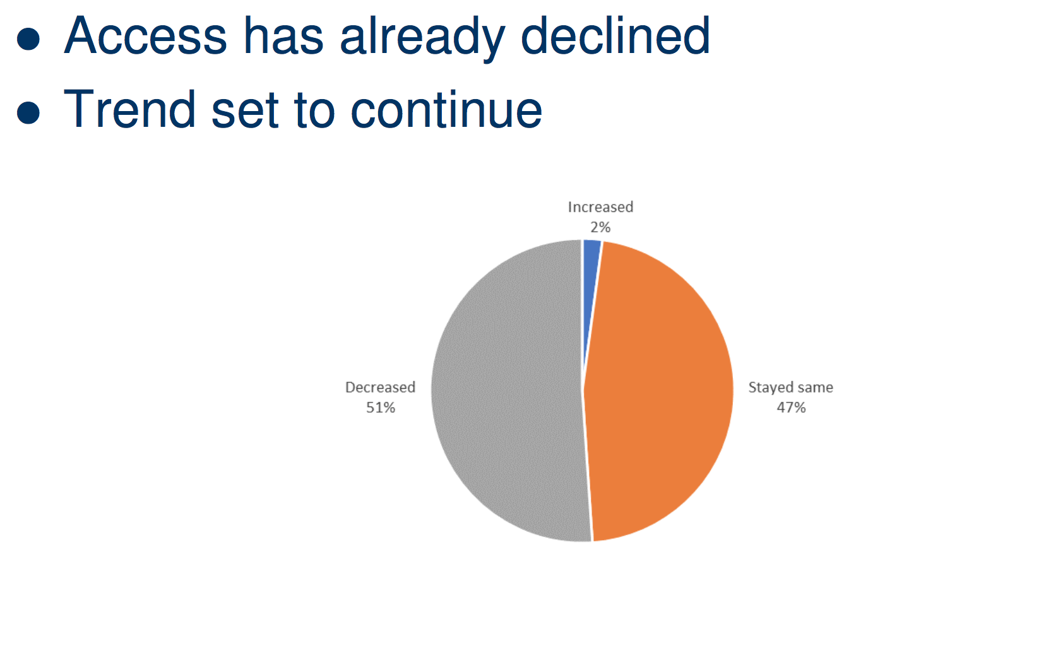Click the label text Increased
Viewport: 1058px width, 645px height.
(x=600, y=207)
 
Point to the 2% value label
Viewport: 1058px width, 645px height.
(x=600, y=227)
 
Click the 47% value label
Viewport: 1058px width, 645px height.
(x=791, y=407)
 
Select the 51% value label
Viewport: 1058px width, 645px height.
(x=381, y=407)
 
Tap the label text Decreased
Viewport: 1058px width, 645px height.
(x=380, y=387)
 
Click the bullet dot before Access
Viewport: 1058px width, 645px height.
(x=28, y=38)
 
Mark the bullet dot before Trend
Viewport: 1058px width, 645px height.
(x=28, y=113)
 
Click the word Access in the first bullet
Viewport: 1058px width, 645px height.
(x=145, y=36)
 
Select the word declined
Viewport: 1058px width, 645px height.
(x=615, y=35)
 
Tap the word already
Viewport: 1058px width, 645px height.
(x=422, y=38)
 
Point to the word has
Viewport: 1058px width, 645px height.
(x=283, y=35)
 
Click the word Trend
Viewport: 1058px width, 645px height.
(x=129, y=109)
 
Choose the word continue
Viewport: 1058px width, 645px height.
(x=446, y=109)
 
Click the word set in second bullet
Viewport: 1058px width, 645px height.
(x=245, y=112)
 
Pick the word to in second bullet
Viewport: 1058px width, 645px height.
(x=314, y=112)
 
